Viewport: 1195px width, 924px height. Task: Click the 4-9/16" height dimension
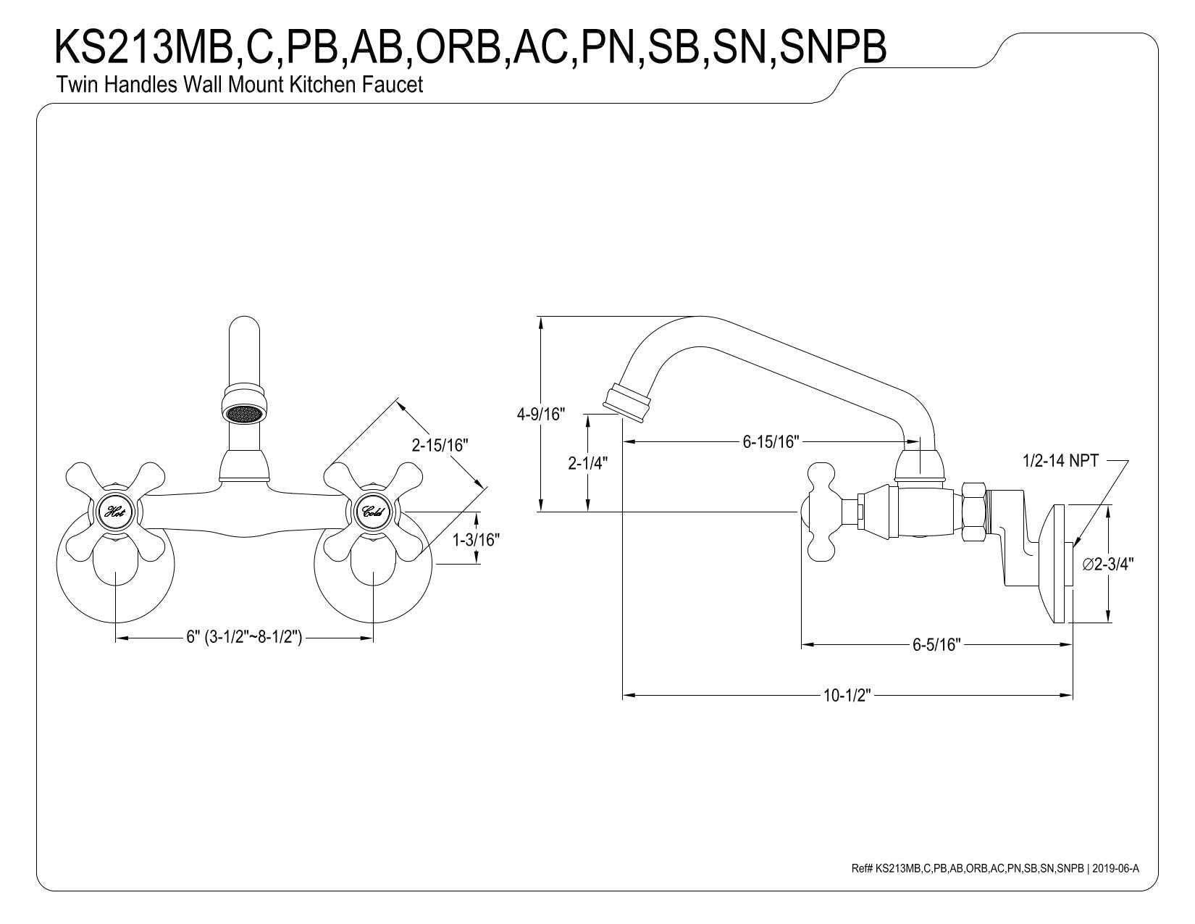pos(540,415)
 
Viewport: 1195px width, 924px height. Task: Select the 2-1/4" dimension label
pos(587,463)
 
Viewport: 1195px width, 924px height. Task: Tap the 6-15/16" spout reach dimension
pos(771,441)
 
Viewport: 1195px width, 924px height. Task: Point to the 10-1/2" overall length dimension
pos(847,696)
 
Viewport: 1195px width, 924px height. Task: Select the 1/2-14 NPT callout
pos(1061,460)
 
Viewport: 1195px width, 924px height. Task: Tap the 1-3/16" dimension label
pos(476,540)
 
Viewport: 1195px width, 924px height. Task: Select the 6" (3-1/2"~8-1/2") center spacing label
pos(244,638)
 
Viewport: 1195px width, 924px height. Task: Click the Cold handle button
pos(373,512)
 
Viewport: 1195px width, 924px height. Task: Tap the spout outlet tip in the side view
pos(624,401)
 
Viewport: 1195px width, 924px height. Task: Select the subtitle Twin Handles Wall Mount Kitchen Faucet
pos(239,85)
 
